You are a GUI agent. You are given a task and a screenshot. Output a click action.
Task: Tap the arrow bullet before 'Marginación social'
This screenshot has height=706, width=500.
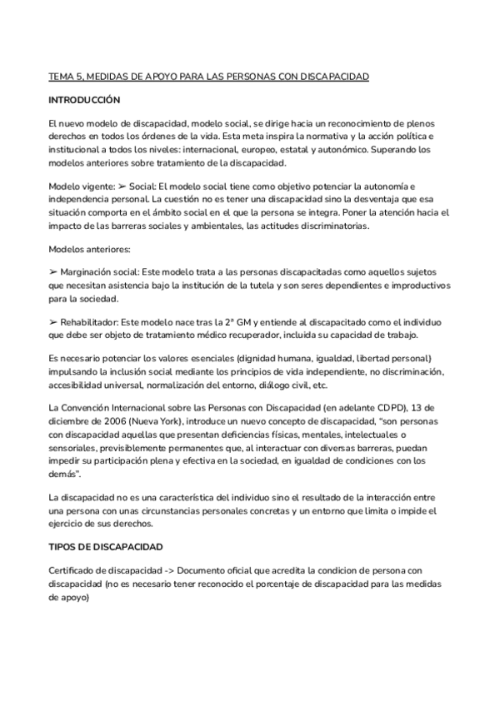pos(53,272)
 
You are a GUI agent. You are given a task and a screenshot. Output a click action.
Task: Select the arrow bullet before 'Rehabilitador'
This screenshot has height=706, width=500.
pos(53,321)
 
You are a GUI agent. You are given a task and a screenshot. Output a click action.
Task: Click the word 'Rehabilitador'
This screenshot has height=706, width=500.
pos(89,321)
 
